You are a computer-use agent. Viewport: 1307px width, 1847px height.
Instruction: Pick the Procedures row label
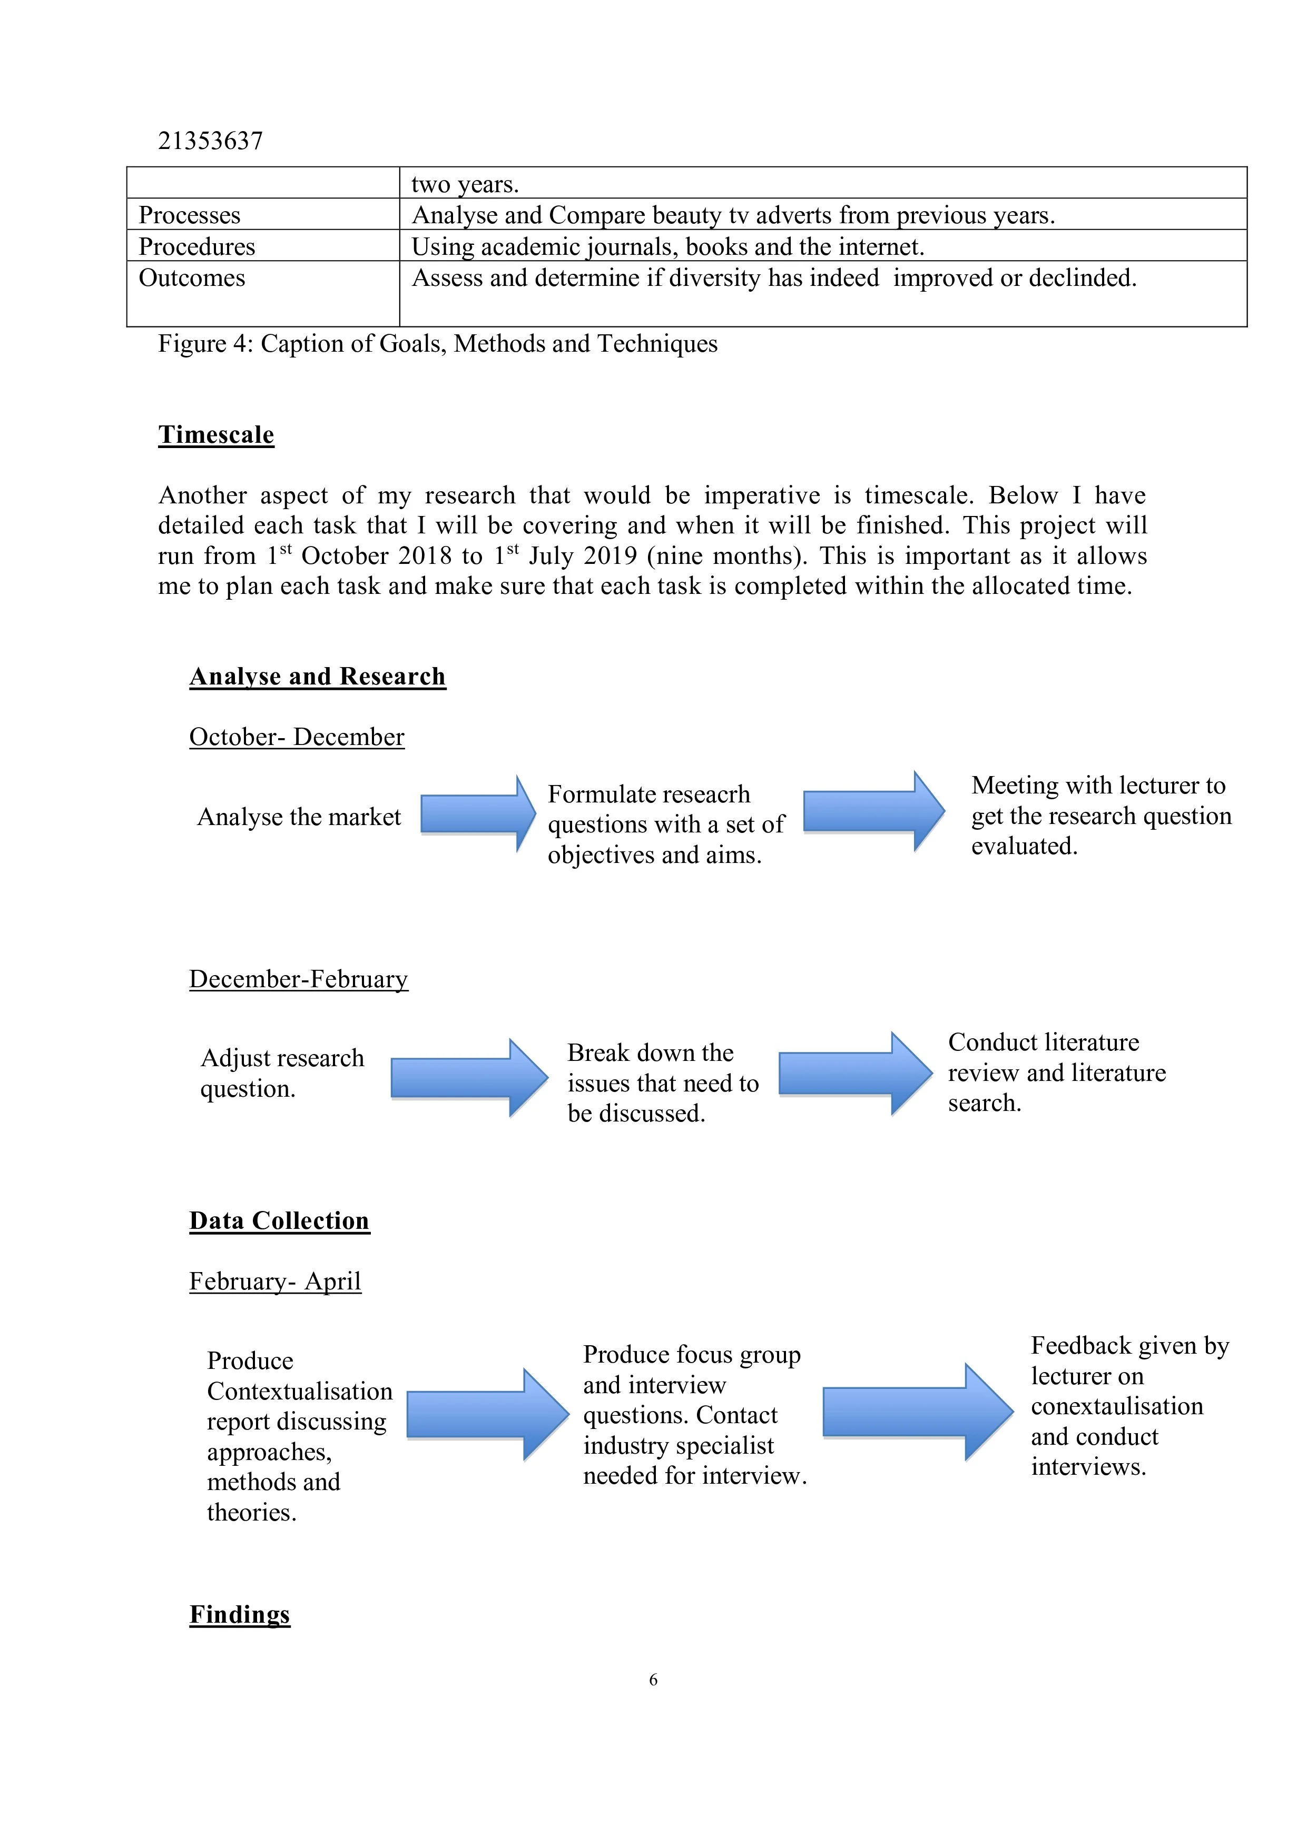tap(196, 246)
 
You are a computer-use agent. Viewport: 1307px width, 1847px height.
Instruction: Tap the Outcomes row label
tap(192, 279)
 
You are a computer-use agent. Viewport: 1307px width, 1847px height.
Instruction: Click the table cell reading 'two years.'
tap(465, 184)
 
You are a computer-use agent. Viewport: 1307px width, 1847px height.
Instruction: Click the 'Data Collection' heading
tap(279, 1220)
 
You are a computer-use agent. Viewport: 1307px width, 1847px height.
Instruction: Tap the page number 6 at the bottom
tap(653, 1680)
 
